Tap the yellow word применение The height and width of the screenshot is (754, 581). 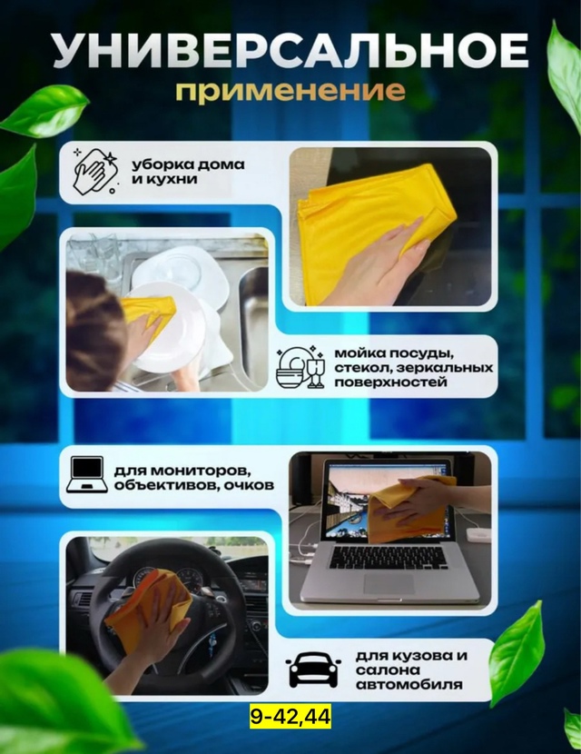tap(290, 92)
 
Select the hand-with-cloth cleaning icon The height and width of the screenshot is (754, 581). tap(94, 170)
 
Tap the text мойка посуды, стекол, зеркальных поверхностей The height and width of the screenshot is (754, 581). tap(412, 367)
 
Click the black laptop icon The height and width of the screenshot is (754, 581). tap(86, 474)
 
